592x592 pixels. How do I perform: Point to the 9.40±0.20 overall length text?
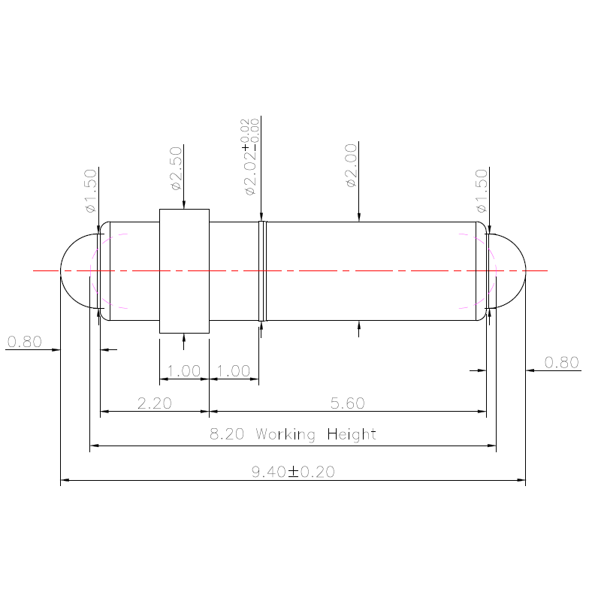[293, 472]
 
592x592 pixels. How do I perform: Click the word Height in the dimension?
[352, 434]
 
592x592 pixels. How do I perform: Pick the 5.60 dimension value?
[348, 403]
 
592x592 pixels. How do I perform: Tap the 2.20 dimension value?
[155, 403]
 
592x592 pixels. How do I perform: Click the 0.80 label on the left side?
[24, 343]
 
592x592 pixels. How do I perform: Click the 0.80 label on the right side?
[561, 363]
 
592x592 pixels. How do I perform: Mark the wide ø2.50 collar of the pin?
[184, 270]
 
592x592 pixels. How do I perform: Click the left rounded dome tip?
[77, 270]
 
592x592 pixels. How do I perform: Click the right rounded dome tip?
[507, 270]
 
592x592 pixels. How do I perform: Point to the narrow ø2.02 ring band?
[262, 270]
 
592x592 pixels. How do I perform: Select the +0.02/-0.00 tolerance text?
[249, 131]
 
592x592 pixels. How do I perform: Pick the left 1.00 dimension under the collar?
[184, 371]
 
